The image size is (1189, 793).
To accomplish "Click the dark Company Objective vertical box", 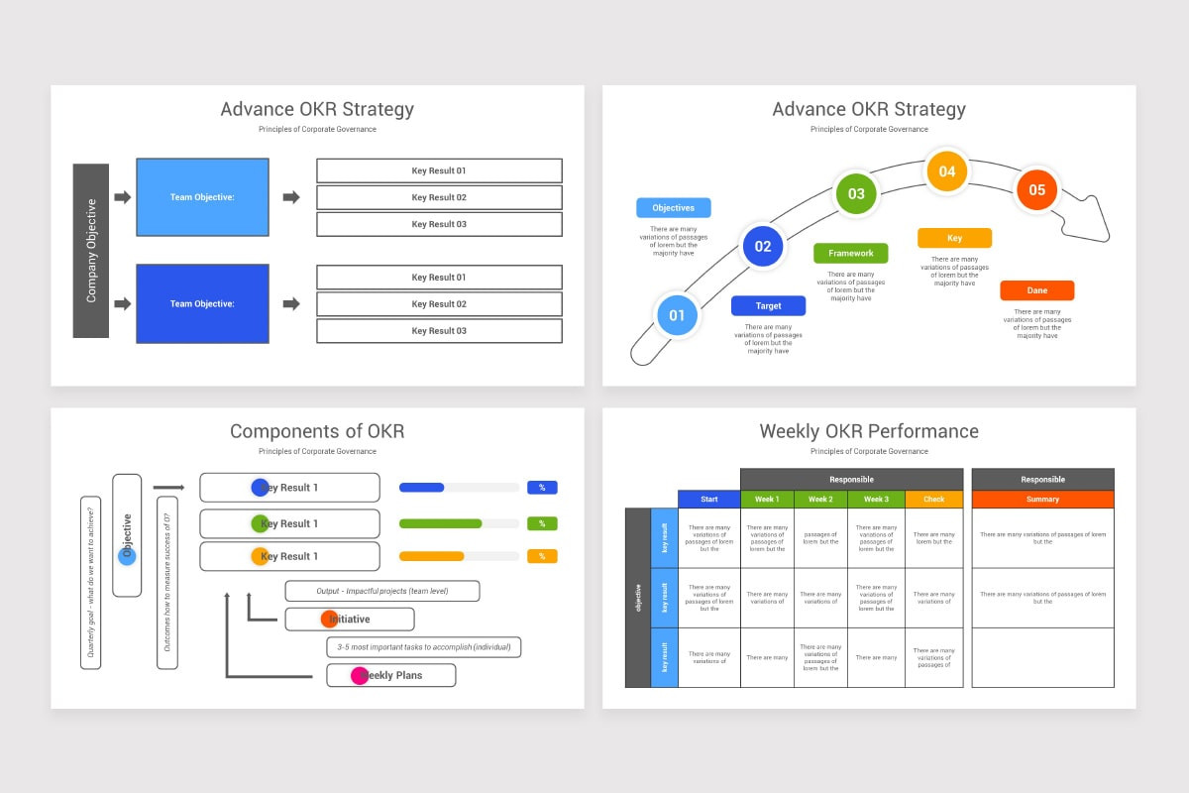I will coord(90,251).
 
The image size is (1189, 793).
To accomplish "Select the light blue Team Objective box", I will coord(202,197).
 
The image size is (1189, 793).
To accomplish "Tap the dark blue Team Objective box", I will coord(202,303).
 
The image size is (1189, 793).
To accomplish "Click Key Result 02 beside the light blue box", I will coord(439,197).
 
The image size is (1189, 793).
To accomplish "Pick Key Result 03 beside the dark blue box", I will coord(439,331).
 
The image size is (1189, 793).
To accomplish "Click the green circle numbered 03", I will coord(856,194).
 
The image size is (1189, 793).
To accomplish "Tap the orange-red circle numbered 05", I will coord(1036,190).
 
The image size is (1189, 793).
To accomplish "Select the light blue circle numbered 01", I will coord(677,316).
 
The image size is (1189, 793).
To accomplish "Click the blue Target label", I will coord(769,306).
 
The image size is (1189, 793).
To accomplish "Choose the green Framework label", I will coord(851,253).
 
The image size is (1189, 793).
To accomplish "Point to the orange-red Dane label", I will coord(1036,290).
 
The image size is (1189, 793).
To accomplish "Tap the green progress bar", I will coord(441,523).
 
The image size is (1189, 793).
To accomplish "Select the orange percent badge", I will coord(542,556).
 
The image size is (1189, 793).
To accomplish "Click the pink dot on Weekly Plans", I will coord(360,676).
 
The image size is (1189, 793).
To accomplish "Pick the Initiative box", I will coord(350,620).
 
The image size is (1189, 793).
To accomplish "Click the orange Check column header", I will coord(934,500).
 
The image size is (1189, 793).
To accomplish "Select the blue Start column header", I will coord(708,500).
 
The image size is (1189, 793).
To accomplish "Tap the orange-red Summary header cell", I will coord(1042,500).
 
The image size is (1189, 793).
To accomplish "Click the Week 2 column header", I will coord(820,500).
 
